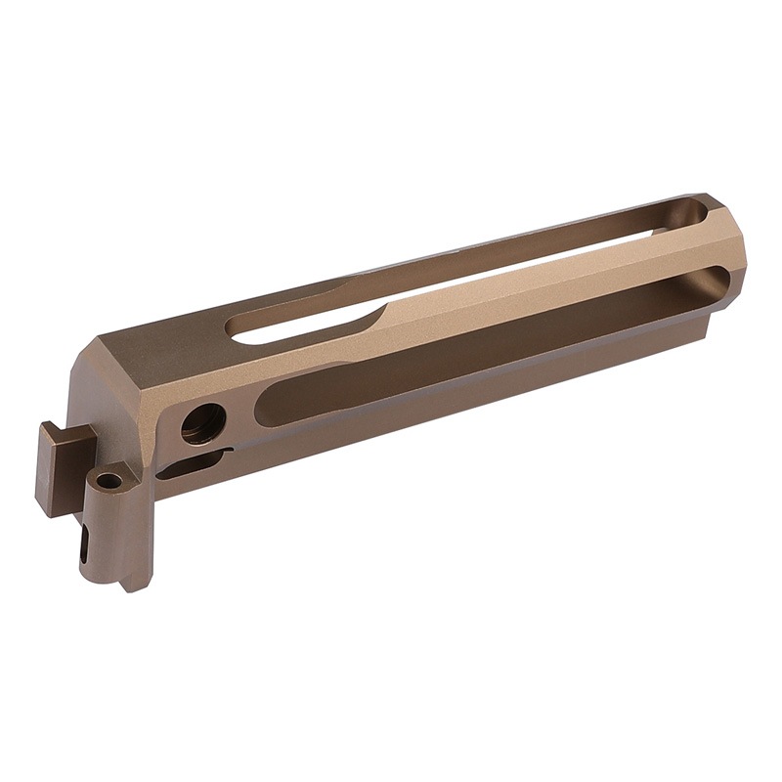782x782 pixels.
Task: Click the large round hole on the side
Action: pyautogui.click(x=203, y=422)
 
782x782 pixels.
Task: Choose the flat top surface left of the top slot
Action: pyautogui.click(x=176, y=342)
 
